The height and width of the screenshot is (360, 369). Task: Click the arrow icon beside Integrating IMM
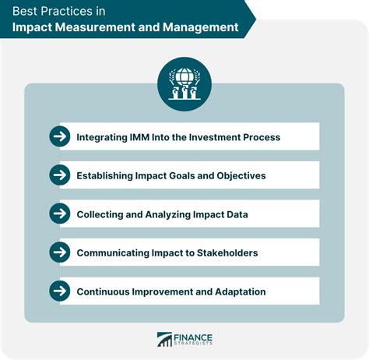click(x=59, y=137)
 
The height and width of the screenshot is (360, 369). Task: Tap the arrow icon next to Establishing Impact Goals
click(x=59, y=175)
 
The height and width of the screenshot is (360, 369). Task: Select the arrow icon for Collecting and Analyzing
click(x=59, y=214)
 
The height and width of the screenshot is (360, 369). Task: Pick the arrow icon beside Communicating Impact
click(x=59, y=252)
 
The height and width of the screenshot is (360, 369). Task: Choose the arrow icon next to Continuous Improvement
click(x=59, y=291)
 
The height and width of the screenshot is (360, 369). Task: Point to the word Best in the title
click(x=30, y=9)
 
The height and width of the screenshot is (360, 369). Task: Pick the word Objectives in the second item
click(x=237, y=176)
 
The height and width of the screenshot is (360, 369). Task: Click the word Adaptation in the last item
click(x=234, y=291)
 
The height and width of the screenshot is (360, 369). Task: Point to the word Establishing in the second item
click(x=107, y=176)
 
